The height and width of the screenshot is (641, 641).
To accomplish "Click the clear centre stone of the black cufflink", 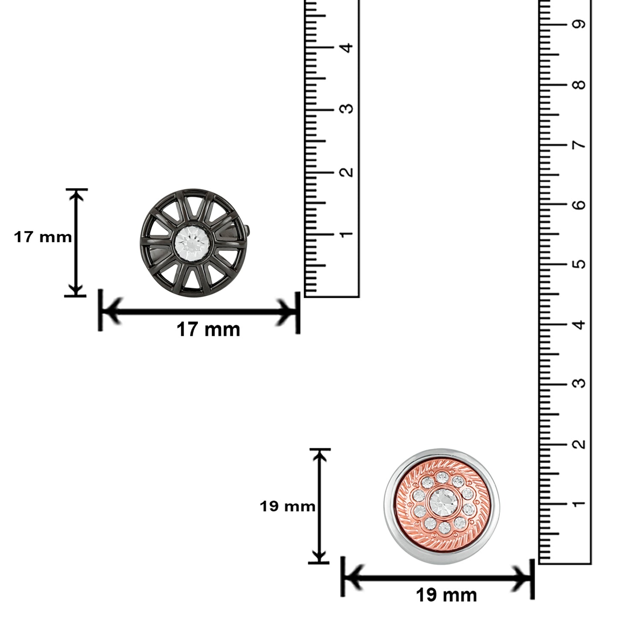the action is (191, 243).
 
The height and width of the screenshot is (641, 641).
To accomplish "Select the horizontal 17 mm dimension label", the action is (209, 329).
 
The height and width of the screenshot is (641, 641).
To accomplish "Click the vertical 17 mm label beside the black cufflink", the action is (43, 236).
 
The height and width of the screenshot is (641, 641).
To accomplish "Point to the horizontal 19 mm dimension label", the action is (446, 594).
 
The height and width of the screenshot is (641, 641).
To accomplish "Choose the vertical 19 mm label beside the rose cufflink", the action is (288, 506).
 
